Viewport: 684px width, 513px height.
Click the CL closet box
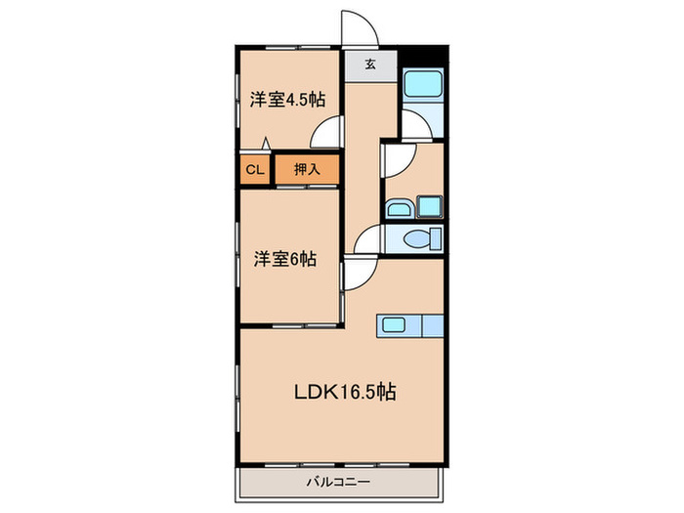(x=255, y=169)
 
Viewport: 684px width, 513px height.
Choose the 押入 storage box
(x=307, y=169)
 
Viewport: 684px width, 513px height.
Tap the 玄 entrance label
(x=371, y=65)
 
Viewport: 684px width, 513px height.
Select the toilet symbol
(x=417, y=238)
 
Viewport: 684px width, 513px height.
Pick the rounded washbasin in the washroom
(x=400, y=208)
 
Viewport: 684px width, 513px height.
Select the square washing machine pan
(x=431, y=206)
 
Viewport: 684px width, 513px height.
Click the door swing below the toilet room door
(x=357, y=276)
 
